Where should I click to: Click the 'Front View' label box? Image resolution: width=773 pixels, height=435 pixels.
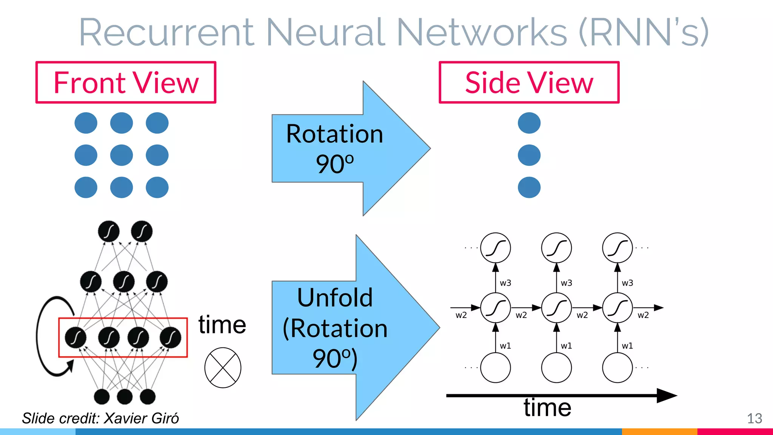pos(126,82)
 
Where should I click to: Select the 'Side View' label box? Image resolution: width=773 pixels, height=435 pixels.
pos(529,82)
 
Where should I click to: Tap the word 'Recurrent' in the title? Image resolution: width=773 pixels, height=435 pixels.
pos(166,32)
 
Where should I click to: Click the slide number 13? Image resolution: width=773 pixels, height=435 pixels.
pos(755,418)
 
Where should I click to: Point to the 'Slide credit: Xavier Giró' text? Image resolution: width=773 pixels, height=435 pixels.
pos(100,418)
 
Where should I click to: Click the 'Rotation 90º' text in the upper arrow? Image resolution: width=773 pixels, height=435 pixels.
pos(334,148)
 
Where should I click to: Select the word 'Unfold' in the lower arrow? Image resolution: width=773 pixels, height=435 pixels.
pos(335,298)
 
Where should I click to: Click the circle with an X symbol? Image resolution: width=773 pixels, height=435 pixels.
pos(223,367)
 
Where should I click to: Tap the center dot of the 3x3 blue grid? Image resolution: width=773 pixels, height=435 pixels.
pos(122,155)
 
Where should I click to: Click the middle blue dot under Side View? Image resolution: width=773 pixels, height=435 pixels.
pos(529,155)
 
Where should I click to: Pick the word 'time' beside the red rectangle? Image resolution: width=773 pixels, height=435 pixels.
pos(222,325)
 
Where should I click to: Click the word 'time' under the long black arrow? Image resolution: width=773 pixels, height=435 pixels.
pos(547,408)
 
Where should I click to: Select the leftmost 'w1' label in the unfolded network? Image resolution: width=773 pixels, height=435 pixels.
pos(505,346)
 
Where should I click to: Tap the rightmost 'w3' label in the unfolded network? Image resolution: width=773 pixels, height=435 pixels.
pos(627,283)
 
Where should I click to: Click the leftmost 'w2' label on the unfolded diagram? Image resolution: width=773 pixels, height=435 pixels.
pos(461,315)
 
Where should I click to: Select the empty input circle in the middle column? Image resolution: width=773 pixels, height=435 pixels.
pos(556,367)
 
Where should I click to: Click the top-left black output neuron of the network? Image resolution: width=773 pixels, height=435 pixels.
pos(109,231)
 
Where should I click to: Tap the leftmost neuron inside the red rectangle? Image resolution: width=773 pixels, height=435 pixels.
pos(75,337)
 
